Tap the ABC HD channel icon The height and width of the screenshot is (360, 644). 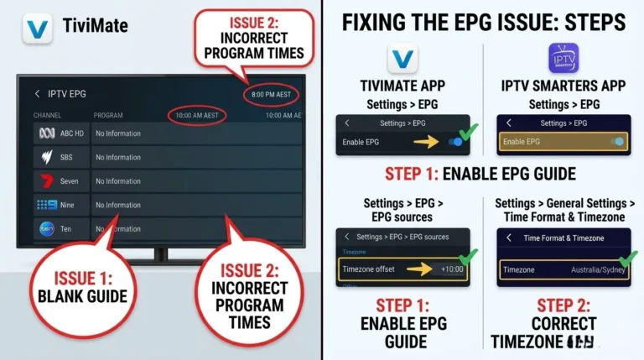coord(46,133)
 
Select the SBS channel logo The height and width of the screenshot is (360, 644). coord(46,157)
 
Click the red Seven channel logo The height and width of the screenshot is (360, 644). coord(46,181)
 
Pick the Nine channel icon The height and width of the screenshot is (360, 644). coord(46,205)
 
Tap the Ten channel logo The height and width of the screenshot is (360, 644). coord(46,228)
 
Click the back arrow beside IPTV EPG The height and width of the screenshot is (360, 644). coord(37,94)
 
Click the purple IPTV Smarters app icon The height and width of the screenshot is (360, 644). coord(563,59)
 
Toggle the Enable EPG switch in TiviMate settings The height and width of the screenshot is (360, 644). coord(455,143)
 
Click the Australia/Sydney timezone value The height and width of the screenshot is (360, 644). coord(596,269)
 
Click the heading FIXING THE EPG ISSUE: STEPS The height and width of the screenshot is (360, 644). coord(484,23)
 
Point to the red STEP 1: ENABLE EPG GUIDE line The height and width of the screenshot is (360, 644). coord(480,175)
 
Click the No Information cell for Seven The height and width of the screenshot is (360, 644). coord(118,181)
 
